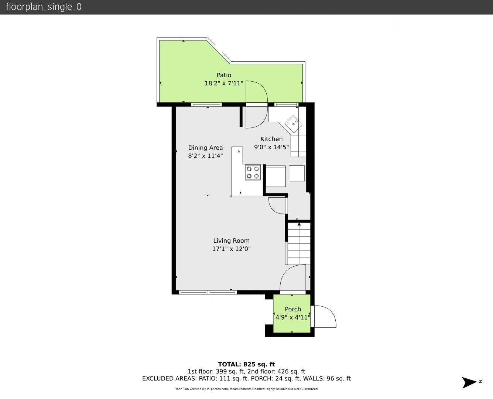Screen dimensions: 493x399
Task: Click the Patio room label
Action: [224, 75]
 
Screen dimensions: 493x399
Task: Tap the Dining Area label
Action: [205, 148]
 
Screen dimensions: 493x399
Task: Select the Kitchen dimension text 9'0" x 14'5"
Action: [271, 147]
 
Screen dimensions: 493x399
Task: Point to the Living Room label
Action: [231, 241]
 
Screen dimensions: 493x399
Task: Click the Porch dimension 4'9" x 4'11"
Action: [293, 317]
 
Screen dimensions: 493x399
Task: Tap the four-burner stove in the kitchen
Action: [253, 172]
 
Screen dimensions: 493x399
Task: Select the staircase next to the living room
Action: [299, 243]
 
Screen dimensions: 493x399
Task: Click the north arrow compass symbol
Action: [469, 382]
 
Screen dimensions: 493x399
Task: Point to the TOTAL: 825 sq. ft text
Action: [246, 365]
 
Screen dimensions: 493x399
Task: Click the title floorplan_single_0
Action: [44, 7]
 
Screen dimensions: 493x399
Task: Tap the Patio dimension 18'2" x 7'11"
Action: [224, 83]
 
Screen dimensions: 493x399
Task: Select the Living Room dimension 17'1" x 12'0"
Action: [231, 249]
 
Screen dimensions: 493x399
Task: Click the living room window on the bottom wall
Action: [208, 292]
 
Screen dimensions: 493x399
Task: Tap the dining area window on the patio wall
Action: [206, 105]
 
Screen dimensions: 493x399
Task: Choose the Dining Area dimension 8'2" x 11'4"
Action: [205, 156]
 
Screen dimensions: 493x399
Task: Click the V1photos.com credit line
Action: [246, 389]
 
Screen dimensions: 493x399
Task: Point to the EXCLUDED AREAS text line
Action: [246, 379]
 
